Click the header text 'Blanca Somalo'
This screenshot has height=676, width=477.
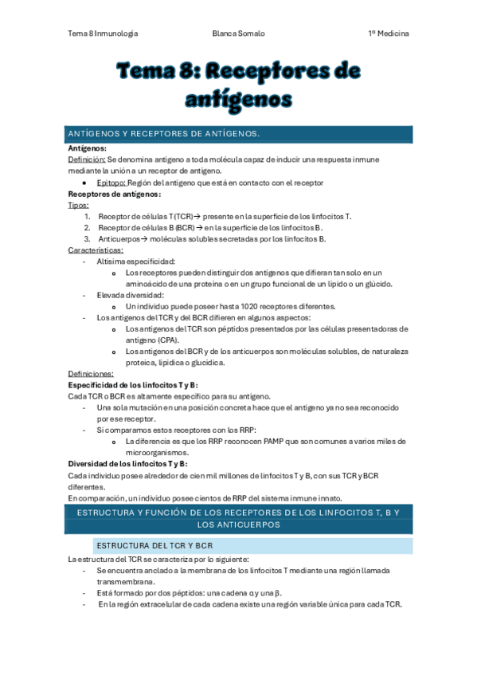pos(239,33)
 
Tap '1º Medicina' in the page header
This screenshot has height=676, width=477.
pos(389,33)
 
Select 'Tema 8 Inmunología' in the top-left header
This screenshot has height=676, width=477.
pos(103,33)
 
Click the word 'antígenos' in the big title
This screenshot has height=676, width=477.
pos(238,98)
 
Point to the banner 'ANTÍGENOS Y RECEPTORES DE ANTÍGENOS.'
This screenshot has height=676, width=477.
pos(239,134)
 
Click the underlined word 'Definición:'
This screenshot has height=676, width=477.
pos(87,159)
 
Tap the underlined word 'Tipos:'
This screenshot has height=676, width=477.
pos(79,205)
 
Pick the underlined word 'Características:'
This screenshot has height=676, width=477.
pos(96,250)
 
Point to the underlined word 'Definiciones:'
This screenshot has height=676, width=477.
pos(91,373)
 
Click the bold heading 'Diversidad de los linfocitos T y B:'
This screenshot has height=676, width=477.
pos(127,463)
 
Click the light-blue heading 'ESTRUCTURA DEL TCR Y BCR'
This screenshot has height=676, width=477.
pos(154,545)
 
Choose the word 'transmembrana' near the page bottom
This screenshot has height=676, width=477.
pos(124,582)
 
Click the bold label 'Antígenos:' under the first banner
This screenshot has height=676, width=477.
pos(88,148)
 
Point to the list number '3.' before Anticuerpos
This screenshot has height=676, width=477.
pos(88,238)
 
